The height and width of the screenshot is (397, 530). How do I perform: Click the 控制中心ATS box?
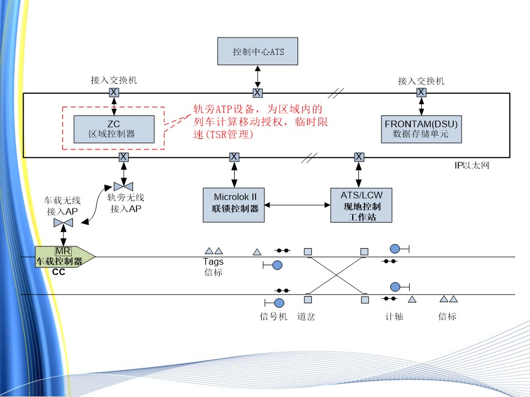[x=258, y=52]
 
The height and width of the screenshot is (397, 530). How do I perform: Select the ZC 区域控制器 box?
[x=114, y=129]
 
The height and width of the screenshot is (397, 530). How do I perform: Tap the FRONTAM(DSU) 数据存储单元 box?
[x=421, y=128]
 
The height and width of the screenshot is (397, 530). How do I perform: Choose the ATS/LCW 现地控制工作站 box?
[x=362, y=205]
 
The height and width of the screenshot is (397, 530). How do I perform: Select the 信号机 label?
[x=274, y=316]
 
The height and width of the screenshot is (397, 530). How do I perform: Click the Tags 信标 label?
[x=213, y=267]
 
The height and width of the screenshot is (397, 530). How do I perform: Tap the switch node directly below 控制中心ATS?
[x=257, y=92]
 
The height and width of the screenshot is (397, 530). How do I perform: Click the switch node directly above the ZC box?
[x=113, y=92]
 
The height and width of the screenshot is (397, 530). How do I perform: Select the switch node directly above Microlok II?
[x=234, y=157]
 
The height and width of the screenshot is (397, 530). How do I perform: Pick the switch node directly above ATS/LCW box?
[x=359, y=157]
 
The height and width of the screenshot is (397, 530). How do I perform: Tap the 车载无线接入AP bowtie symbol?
[x=63, y=223]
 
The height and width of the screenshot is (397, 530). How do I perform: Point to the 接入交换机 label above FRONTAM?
[x=421, y=81]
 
